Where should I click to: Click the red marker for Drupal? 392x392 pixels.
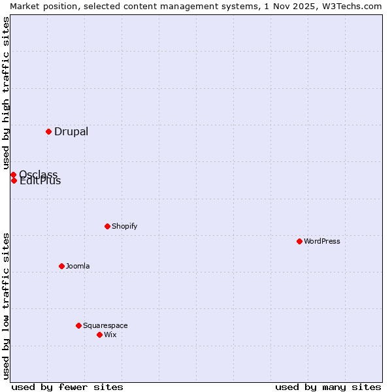coord(48,131)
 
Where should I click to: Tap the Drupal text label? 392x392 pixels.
coord(71,132)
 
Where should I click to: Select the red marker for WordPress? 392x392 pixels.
coord(299,241)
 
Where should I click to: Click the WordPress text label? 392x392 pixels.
coord(322,241)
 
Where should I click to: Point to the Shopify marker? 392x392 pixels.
coord(107,226)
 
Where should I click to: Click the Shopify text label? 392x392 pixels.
coord(124,226)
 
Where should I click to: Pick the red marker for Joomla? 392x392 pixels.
coord(61,266)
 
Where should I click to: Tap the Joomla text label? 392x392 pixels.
coord(78,266)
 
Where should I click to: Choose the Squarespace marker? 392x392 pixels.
coord(78,325)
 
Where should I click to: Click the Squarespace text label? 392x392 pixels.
coord(105,325)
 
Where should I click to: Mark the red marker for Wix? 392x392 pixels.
coord(99,335)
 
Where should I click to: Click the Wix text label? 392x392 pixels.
coord(110,335)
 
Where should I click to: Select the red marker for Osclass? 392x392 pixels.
coord(13,174)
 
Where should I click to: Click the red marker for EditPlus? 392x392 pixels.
coord(14,180)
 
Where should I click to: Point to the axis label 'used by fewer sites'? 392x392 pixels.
coord(67,387)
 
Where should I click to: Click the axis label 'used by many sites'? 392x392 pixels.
coord(328,387)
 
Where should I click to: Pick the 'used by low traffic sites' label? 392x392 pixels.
coord(6,305)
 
